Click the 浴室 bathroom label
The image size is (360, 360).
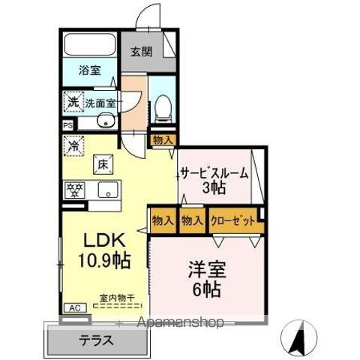(91, 71)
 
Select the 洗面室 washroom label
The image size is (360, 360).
(100, 103)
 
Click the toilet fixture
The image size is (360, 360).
(162, 109)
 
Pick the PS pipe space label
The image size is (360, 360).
(67, 126)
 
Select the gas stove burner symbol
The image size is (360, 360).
(76, 190)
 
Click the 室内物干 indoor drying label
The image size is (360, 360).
(117, 298)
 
